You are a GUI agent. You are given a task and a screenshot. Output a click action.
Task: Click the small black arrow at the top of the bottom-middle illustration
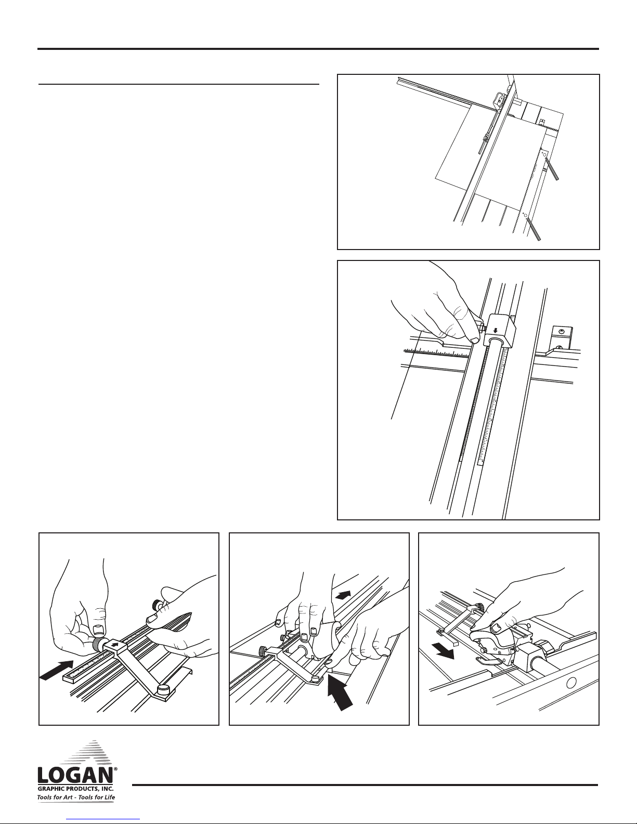tap(343, 595)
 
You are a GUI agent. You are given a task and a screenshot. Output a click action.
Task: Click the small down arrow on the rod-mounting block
tap(495, 331)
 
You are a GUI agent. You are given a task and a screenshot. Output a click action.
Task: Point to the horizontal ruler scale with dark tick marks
tap(436, 352)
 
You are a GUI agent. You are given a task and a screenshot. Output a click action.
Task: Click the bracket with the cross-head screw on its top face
tap(562, 337)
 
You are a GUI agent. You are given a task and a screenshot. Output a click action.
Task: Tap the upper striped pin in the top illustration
tap(552, 168)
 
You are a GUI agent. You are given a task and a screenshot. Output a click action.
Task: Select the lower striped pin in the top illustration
tap(533, 228)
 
